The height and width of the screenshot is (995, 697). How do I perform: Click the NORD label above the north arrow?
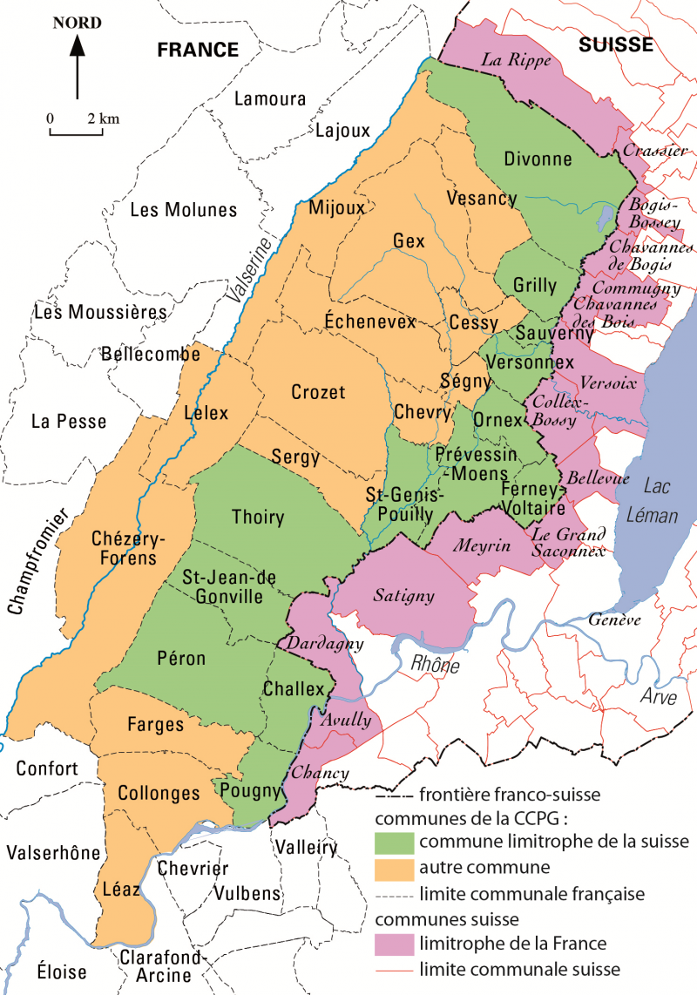77,24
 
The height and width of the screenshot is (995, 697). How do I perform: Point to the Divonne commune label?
538,159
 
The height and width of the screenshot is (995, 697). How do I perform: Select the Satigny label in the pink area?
403,596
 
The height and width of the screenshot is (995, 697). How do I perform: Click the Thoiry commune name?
258,517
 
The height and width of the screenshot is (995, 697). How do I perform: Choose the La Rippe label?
511,60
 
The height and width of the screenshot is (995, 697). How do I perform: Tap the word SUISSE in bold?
616,45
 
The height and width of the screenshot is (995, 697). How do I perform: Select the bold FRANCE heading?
198,50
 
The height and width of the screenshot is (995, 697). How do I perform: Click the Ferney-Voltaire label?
534,498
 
